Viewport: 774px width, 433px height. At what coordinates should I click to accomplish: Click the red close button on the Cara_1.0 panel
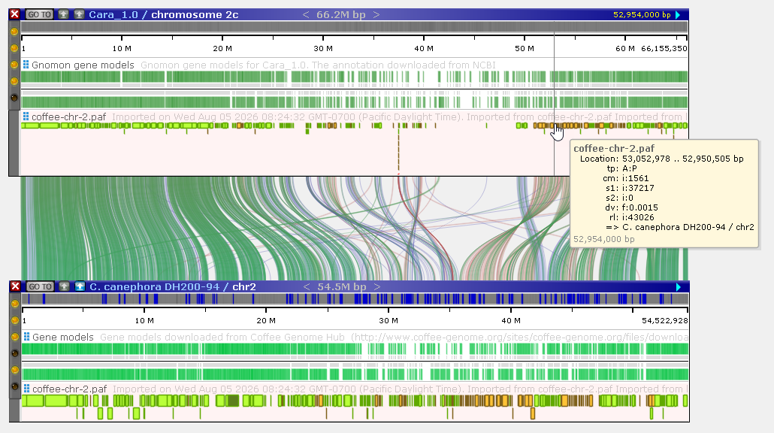[x=15, y=14]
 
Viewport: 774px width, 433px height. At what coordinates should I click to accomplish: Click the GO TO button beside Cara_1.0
[x=40, y=14]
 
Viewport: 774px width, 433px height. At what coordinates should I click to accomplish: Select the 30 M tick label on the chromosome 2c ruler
[x=323, y=48]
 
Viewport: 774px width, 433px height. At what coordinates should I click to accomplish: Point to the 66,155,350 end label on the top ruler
[x=664, y=48]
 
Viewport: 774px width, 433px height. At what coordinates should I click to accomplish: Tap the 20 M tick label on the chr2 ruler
[x=266, y=320]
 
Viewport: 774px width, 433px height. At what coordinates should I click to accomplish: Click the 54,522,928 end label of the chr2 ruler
[x=664, y=320]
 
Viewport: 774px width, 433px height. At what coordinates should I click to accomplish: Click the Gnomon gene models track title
[x=83, y=65]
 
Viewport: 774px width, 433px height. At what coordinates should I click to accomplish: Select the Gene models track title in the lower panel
[x=62, y=338]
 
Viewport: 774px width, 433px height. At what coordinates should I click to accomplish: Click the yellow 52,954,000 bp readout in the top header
[x=642, y=15]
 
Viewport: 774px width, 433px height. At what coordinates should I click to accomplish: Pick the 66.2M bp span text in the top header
[x=340, y=15]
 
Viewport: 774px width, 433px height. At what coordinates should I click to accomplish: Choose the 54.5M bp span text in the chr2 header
[x=342, y=287]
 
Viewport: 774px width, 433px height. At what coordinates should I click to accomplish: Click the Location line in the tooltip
[x=661, y=159]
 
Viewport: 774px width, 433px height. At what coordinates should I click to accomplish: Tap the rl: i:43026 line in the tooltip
[x=631, y=217]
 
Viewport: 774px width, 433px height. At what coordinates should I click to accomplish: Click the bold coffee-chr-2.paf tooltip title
[x=614, y=149]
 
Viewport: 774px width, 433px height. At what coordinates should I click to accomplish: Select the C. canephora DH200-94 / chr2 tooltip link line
[x=680, y=227]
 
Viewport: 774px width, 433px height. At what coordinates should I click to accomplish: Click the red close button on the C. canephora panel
[x=15, y=286]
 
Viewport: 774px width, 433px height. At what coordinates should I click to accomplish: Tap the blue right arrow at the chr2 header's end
[x=679, y=287]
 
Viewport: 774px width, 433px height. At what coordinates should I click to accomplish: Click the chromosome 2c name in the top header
[x=195, y=15]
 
